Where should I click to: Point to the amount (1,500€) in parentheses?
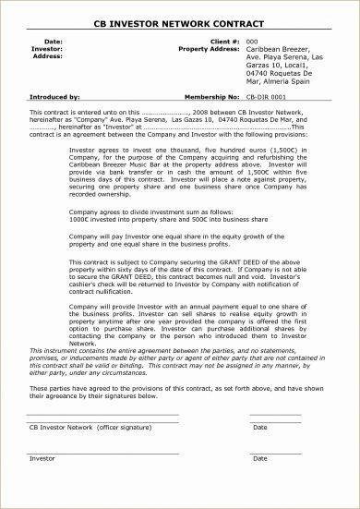233,143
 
